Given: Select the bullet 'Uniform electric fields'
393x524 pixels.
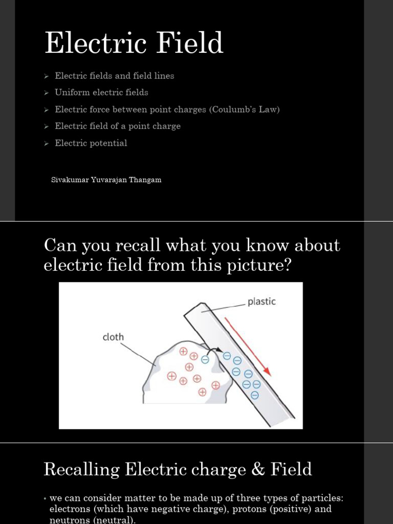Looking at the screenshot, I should tap(101, 93).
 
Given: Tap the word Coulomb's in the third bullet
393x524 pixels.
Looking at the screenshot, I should tap(238, 110).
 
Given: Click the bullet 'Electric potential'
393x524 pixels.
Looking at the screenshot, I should tap(91, 143).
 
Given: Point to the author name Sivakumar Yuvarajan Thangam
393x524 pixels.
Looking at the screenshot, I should tap(106, 180).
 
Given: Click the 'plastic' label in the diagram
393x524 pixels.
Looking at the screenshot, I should tap(261, 301).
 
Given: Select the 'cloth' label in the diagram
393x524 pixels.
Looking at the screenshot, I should tap(113, 337).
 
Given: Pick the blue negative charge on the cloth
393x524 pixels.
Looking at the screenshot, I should tap(205, 360).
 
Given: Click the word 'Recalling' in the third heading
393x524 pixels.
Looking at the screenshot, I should tap(81, 469).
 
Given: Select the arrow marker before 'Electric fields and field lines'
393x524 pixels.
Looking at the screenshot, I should tap(46, 76).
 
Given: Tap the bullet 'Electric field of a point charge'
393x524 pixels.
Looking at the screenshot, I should tap(118, 126).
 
